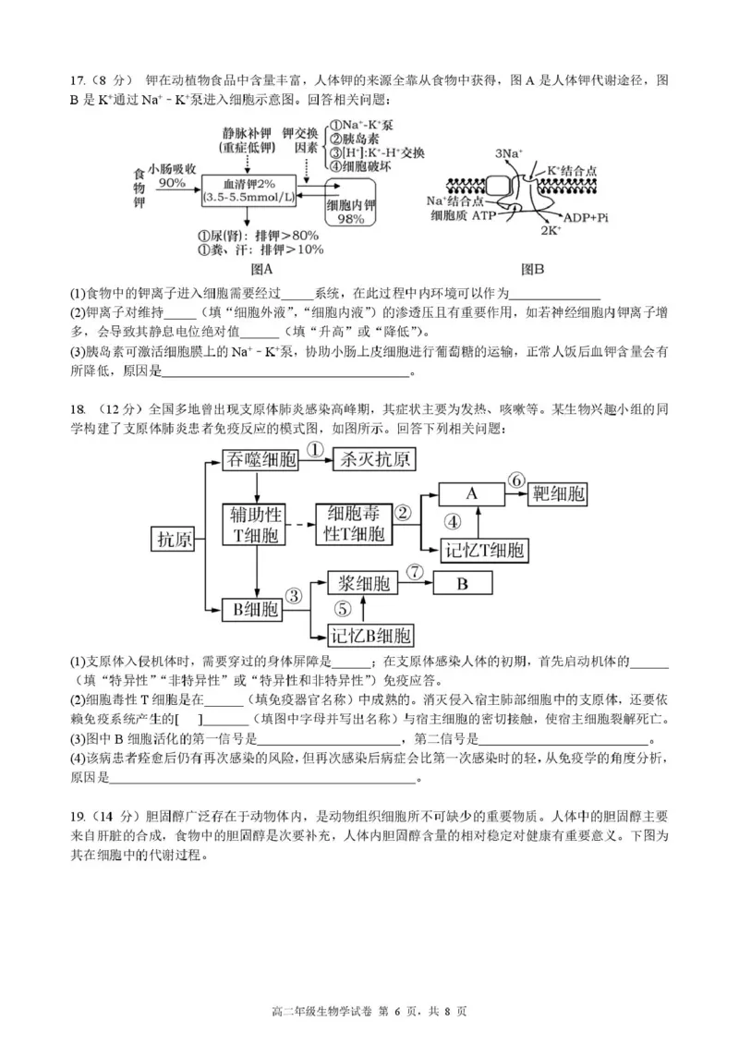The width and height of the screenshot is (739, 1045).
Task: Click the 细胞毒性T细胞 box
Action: pos(354,524)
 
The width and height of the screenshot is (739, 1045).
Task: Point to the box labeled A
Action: pos(471,493)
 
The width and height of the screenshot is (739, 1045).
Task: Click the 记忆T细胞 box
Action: pos(483,552)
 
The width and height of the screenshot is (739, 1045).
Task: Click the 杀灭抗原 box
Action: pos(375,458)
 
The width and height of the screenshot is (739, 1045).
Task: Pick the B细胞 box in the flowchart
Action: pos(251,609)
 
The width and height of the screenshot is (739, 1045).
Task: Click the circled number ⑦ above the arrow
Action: pos(415,572)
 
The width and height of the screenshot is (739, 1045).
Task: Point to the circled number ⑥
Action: pos(516,480)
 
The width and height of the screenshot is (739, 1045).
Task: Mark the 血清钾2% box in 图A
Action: pos(248,190)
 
